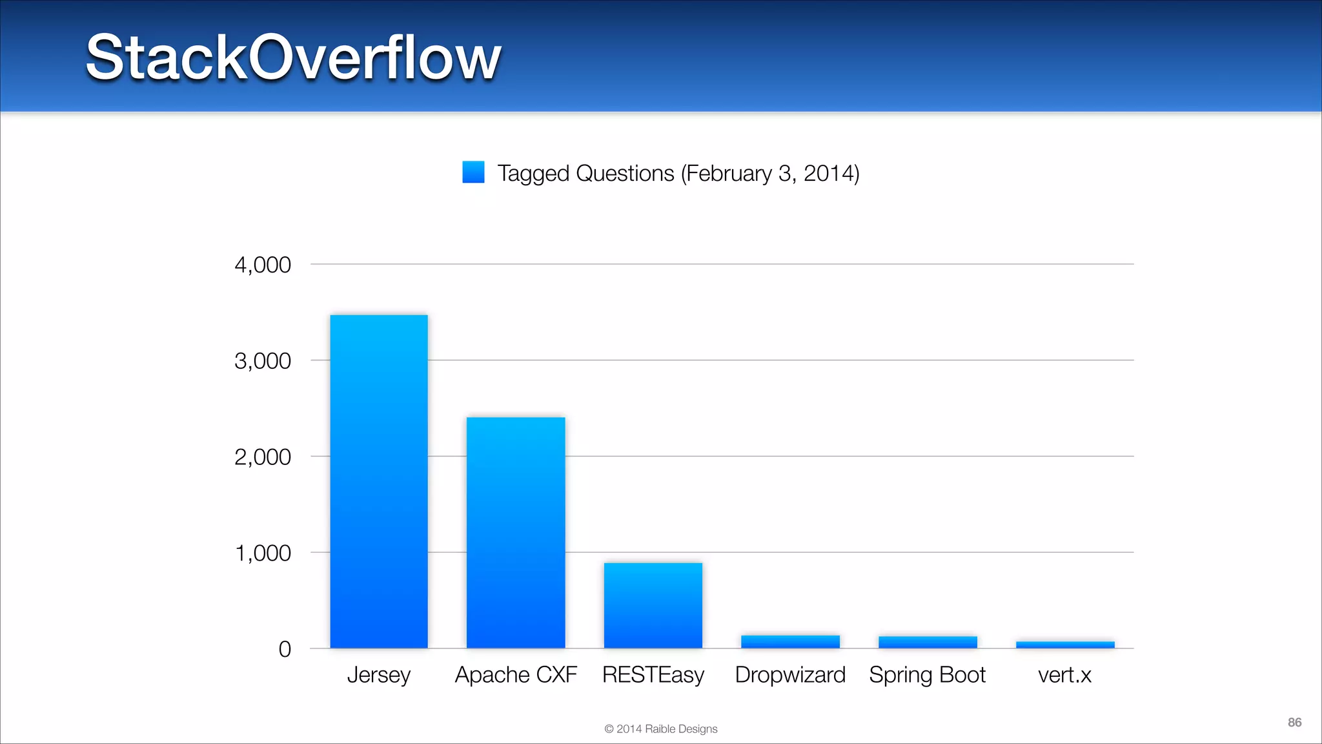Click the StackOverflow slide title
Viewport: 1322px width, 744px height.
[293, 58]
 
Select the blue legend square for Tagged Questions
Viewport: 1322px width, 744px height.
[473, 172]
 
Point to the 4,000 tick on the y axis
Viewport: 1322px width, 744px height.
[263, 265]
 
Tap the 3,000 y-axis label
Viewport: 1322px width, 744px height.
[263, 361]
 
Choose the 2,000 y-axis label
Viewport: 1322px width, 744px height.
[263, 457]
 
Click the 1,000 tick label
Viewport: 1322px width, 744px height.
[263, 553]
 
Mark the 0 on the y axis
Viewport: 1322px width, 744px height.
[285, 649]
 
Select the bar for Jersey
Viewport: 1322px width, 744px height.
[379, 481]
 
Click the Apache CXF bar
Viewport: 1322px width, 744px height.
[516, 533]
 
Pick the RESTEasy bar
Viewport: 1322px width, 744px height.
[653, 605]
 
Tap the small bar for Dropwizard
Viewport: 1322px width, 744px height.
[790, 642]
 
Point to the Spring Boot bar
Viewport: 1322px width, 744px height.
[928, 643]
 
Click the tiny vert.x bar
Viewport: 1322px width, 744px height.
[1065, 645]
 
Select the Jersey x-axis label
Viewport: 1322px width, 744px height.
[379, 675]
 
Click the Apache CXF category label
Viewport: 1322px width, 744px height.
[516, 675]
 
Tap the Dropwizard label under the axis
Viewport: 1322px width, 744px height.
[790, 675]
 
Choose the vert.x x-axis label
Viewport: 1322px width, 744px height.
[1064, 675]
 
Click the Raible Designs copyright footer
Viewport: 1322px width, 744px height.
[660, 728]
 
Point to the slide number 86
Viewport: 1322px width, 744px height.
[1294, 722]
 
